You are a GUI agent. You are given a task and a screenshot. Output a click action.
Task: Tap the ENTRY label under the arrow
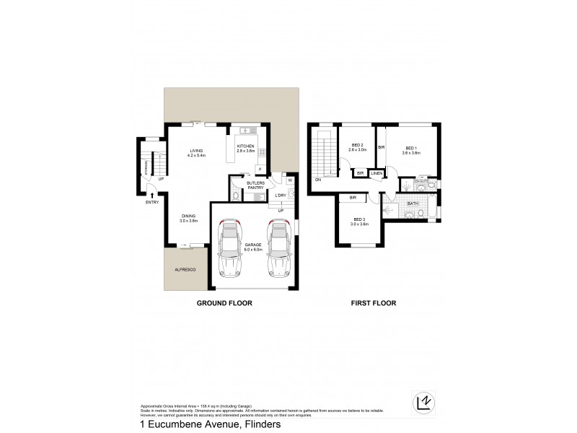tap(151, 202)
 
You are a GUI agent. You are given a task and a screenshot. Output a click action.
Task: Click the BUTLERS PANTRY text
tap(256, 185)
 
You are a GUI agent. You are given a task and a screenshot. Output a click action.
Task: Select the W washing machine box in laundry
tap(290, 180)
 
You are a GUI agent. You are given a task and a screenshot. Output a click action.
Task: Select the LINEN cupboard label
tap(376, 173)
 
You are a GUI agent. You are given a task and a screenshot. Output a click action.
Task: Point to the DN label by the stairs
tap(317, 180)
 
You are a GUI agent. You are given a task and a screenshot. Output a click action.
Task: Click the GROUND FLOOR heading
tap(224, 304)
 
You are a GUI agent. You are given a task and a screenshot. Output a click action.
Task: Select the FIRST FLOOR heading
tap(373, 304)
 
